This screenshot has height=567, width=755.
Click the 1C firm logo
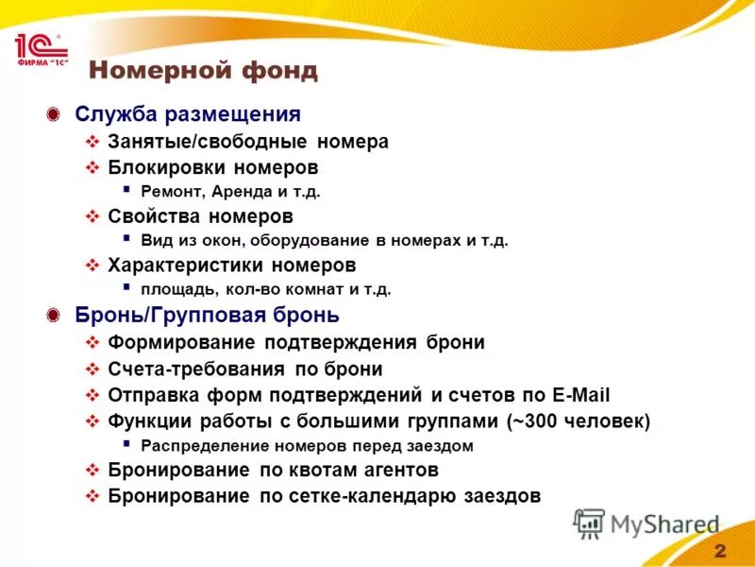point(37,50)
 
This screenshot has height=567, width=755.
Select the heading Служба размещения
point(188,114)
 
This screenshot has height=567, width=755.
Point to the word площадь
point(173,289)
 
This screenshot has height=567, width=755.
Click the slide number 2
point(720,551)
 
